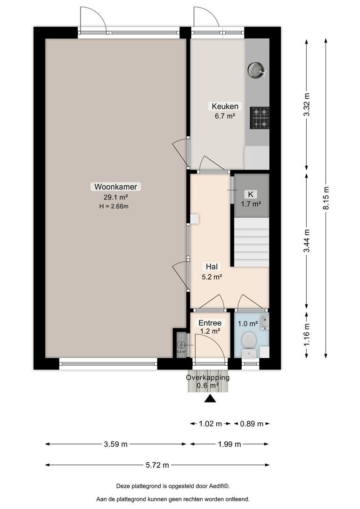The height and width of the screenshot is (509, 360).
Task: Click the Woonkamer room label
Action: (x=116, y=187)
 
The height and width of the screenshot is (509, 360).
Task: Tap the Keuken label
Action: (x=225, y=106)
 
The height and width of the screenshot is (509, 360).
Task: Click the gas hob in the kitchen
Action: (x=259, y=117)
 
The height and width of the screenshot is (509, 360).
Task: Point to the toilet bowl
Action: (x=249, y=340)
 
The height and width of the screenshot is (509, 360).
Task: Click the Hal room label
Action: (x=212, y=266)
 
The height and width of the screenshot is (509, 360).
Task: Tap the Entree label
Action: (x=210, y=323)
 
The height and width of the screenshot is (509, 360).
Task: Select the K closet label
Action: (x=251, y=195)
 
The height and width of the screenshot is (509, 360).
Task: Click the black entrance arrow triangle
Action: (x=210, y=399)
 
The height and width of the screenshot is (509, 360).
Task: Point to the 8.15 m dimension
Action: (x=326, y=198)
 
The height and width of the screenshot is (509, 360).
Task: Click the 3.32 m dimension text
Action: (x=307, y=104)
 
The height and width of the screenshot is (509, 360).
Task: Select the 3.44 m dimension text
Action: (x=307, y=240)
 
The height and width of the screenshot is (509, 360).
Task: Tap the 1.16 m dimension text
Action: (x=307, y=335)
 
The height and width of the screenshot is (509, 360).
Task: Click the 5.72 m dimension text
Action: (x=157, y=465)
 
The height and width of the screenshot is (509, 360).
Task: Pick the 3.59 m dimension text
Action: (x=116, y=444)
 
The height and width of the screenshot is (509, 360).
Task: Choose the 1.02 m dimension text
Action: (x=210, y=424)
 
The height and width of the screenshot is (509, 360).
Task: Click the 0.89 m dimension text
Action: (x=252, y=424)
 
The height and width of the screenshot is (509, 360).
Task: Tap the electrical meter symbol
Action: (x=181, y=345)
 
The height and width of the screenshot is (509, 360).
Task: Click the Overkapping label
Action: (x=208, y=378)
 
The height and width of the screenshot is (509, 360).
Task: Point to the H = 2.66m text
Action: (x=114, y=206)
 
